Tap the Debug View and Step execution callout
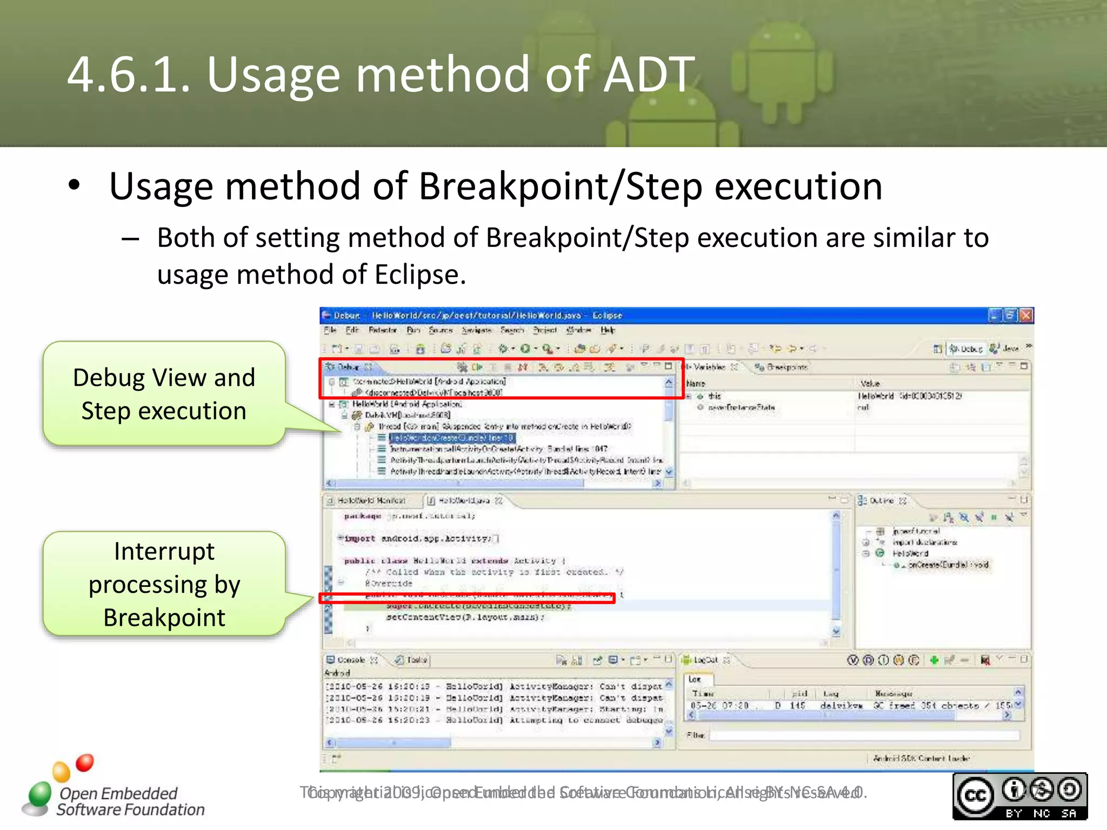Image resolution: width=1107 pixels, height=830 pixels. [x=164, y=394]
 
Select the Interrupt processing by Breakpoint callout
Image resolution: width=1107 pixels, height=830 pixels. [x=164, y=584]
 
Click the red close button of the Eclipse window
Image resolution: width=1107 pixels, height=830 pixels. [x=1026, y=315]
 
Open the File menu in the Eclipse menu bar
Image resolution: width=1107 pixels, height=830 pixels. [x=330, y=330]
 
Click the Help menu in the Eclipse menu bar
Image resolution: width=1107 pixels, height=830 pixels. [x=608, y=330]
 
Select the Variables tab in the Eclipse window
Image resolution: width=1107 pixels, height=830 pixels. [x=709, y=367]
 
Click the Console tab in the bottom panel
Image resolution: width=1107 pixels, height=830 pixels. [x=351, y=660]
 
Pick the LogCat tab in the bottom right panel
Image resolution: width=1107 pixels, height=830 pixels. [x=705, y=660]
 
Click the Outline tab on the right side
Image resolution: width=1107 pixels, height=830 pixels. [x=881, y=501]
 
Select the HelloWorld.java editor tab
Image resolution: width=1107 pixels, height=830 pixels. [x=463, y=501]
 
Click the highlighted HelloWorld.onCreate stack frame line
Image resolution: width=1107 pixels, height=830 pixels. [x=451, y=438]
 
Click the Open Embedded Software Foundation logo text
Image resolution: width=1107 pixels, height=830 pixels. [x=130, y=801]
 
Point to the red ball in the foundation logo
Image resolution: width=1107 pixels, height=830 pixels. [x=85, y=762]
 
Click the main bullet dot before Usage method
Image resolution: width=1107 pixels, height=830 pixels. [x=74, y=185]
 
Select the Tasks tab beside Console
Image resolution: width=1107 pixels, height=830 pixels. [x=416, y=660]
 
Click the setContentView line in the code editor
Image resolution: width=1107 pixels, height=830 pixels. [x=465, y=617]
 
